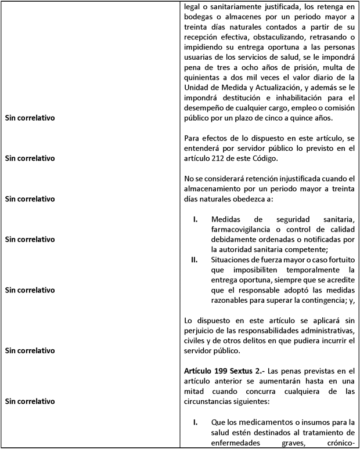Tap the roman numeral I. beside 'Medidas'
[196, 219]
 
